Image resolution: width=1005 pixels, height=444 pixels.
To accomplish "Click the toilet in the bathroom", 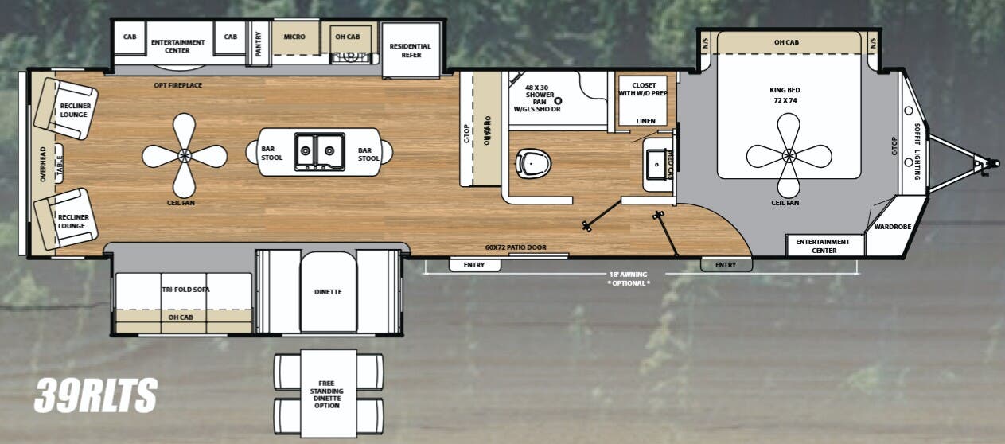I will click(533, 164).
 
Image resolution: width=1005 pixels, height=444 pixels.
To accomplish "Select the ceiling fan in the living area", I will click(185, 155).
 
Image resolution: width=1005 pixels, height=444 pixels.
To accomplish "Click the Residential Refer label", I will click(410, 51).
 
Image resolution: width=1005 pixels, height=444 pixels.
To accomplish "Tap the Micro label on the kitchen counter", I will click(294, 37).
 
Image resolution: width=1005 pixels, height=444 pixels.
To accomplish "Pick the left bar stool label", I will click(272, 153).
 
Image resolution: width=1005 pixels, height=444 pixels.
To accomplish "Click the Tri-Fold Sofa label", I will click(185, 290).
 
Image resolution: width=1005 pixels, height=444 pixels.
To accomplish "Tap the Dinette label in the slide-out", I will click(328, 292).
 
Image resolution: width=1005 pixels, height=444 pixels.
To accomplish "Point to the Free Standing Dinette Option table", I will click(327, 393).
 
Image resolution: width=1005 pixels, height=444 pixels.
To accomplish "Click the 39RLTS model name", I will click(95, 395).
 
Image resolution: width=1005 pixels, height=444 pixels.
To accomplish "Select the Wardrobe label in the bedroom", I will click(892, 227).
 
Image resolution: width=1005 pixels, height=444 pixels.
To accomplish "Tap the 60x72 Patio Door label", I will click(516, 247).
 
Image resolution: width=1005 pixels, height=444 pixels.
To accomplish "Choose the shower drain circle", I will click(559, 102).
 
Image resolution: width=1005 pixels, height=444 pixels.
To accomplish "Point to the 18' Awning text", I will click(628, 275).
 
